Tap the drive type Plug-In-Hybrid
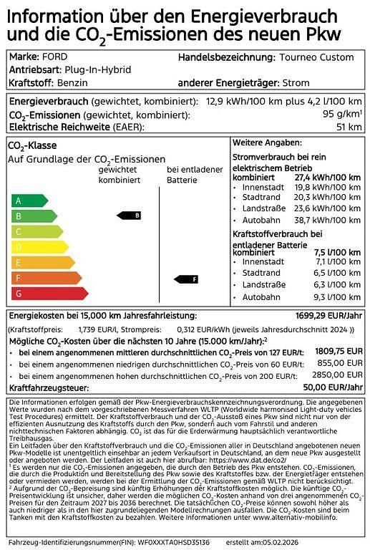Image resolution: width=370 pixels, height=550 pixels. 94,70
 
